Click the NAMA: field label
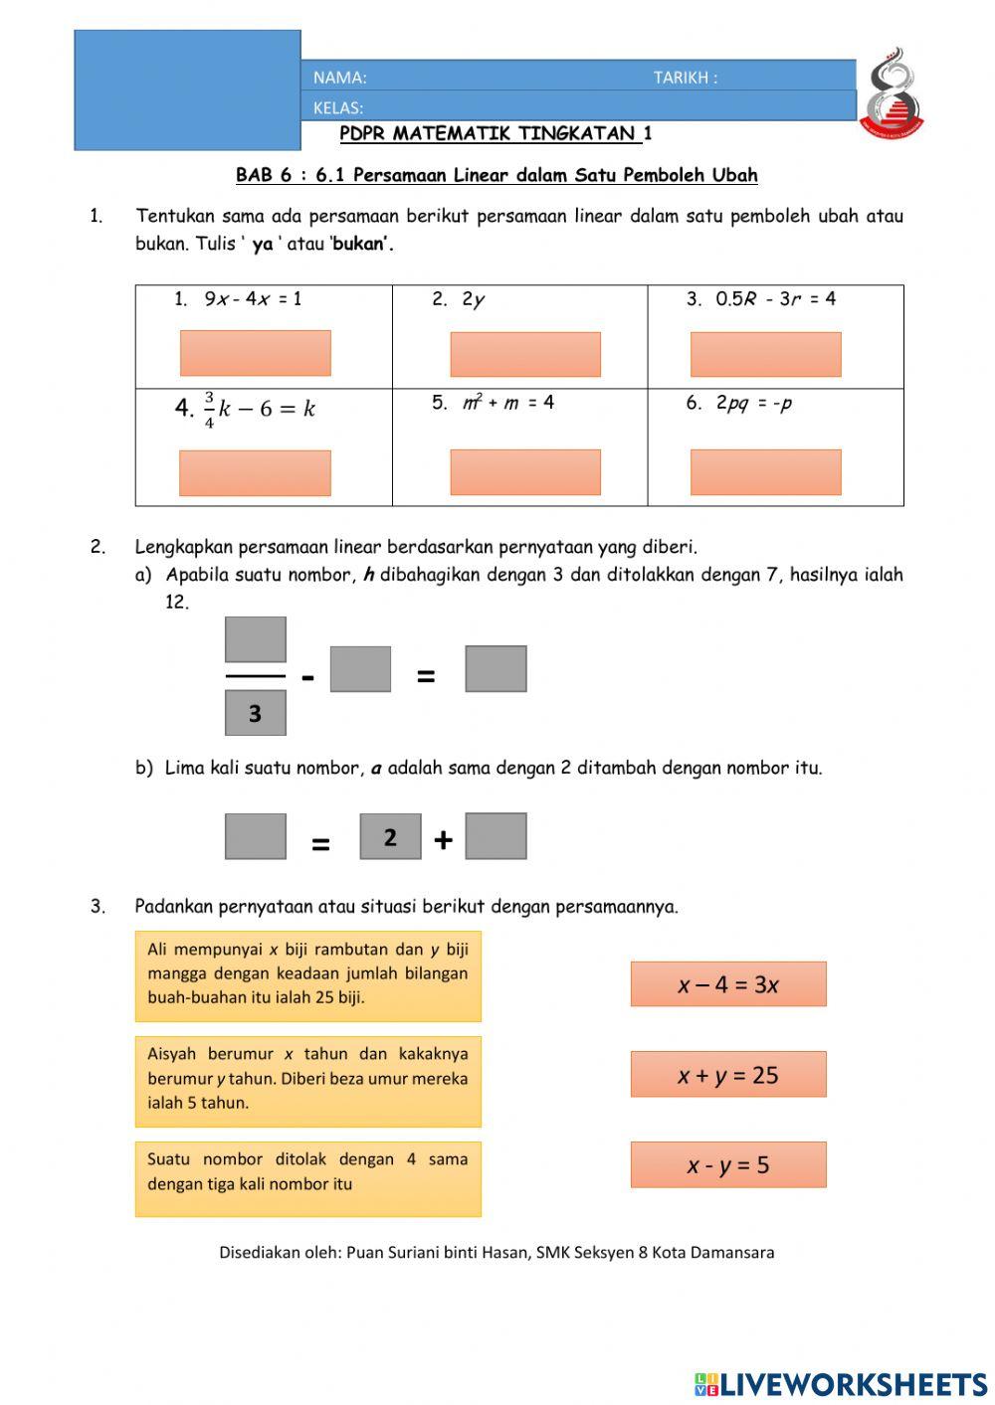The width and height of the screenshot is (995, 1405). (x=339, y=78)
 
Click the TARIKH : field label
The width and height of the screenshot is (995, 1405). (x=685, y=78)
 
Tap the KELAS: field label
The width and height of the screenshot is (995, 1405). (x=338, y=107)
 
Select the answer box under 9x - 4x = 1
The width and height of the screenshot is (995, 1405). (x=255, y=353)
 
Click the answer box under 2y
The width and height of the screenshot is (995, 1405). (x=525, y=354)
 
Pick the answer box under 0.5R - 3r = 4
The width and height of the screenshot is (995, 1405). (x=765, y=354)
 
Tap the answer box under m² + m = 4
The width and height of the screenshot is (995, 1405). (x=525, y=471)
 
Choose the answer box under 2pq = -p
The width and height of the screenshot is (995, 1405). (x=765, y=471)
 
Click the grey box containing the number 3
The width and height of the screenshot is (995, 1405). (x=256, y=713)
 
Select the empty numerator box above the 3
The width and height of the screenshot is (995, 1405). (x=256, y=639)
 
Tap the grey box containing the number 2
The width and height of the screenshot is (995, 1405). (x=390, y=837)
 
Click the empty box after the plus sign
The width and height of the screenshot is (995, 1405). (x=496, y=836)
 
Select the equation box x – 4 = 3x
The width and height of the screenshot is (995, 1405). (x=728, y=984)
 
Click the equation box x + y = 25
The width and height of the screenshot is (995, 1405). (x=728, y=1075)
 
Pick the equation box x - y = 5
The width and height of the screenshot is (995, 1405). (x=728, y=1164)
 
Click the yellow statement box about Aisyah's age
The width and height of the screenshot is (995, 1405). (x=307, y=1081)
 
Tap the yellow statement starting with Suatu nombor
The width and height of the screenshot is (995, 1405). (x=307, y=1178)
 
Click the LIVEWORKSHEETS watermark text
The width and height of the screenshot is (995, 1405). (x=852, y=1384)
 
